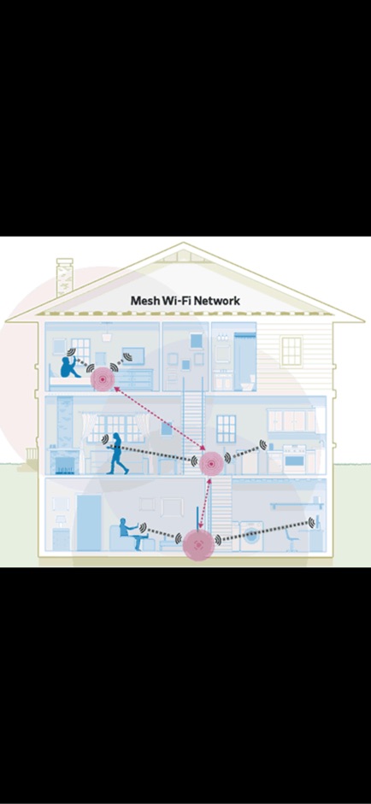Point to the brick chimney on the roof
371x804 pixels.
[65, 277]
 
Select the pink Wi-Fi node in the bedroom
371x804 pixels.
[103, 379]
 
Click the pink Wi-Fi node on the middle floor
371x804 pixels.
[211, 464]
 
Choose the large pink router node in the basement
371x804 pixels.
[198, 544]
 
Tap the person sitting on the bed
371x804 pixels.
[69, 366]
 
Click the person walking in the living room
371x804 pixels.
[117, 454]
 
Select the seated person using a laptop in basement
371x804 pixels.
[130, 534]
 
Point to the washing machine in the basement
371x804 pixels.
[251, 537]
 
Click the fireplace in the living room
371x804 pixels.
[65, 461]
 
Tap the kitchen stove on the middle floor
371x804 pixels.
[295, 459]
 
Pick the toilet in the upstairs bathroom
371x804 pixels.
[247, 382]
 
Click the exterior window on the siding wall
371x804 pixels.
[291, 351]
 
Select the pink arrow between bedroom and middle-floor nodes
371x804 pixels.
[160, 419]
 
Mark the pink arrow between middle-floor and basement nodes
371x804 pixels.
[205, 503]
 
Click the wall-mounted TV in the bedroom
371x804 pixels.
[132, 355]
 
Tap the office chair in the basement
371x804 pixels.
[292, 541]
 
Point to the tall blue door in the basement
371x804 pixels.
[89, 523]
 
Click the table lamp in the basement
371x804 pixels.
[61, 521]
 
